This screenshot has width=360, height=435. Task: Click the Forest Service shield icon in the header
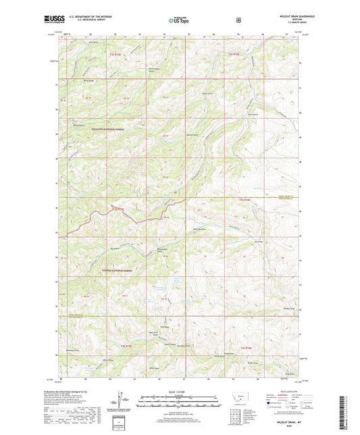[238, 20]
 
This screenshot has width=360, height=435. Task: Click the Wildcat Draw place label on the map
[289, 309]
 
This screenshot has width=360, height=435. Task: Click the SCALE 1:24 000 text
[180, 394]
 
